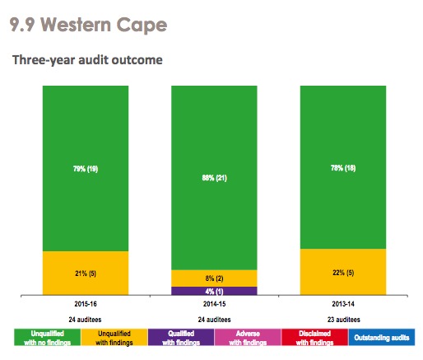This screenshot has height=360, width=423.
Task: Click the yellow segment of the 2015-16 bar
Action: tap(85, 273)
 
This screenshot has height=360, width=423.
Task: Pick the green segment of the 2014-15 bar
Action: tap(214, 176)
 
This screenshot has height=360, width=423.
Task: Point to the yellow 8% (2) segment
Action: tap(214, 278)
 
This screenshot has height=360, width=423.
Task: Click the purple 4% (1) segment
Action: tap(214, 291)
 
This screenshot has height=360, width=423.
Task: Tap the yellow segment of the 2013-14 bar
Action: tap(343, 272)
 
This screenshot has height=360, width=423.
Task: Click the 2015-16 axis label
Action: tap(85, 304)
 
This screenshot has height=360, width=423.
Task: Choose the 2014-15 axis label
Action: tap(214, 304)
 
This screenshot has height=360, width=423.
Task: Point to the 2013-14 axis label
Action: tap(343, 304)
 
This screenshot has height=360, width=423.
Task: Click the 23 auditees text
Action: tap(343, 320)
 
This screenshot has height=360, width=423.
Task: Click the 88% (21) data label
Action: tap(214, 176)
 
